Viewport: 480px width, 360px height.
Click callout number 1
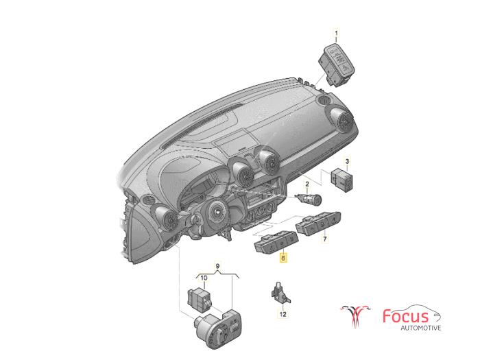click(337, 33)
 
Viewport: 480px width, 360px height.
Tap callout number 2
click(307, 184)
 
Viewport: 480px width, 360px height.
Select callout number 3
click(347, 160)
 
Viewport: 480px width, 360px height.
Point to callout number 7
click(325, 239)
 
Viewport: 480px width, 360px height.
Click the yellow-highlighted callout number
click(283, 259)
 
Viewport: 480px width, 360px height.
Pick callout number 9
click(217, 266)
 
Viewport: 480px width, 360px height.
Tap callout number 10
click(204, 278)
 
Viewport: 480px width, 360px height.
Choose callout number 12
click(283, 314)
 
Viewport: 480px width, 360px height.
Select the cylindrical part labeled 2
click(309, 199)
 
